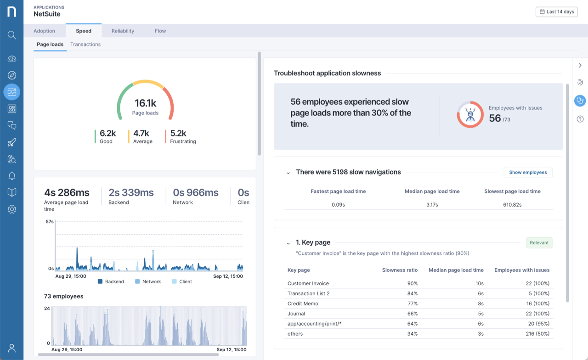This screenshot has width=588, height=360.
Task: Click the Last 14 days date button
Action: pos(556,11)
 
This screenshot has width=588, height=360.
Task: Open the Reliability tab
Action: pos(123,31)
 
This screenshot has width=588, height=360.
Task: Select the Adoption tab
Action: pos(45,31)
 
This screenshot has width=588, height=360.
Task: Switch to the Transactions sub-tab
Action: pos(85,45)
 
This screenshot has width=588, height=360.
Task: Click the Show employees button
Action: pos(528,172)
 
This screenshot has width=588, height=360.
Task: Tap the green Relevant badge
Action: pos(539,243)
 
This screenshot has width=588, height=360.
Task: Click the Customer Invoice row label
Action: pos(308,283)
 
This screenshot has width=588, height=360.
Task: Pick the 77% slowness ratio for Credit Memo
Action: pos(412,304)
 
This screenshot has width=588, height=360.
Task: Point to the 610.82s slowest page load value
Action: pos(512,205)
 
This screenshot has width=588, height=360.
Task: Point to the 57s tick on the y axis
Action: pos(50,222)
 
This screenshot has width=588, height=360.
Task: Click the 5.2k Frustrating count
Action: pos(178,134)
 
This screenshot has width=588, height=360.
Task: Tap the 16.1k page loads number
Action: pos(145,104)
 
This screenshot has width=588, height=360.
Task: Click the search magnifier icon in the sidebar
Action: pos(12,35)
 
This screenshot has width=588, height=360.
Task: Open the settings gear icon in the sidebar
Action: pos(12,209)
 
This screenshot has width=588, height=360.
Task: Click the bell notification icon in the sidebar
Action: pos(12,176)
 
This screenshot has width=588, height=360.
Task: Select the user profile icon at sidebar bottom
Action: pos(12,348)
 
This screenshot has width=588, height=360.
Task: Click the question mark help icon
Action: pos(580,119)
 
